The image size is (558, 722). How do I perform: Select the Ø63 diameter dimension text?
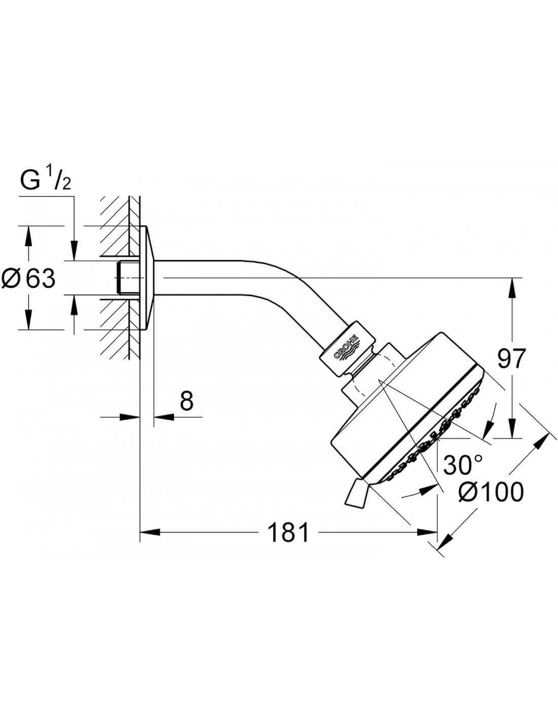[28, 278]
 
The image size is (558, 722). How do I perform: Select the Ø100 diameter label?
[491, 492]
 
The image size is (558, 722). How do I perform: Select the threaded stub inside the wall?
[127, 278]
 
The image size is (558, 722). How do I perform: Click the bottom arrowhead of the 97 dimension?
[513, 428]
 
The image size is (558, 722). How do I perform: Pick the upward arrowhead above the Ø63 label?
[29, 237]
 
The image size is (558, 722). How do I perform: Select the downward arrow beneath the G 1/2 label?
[74, 250]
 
